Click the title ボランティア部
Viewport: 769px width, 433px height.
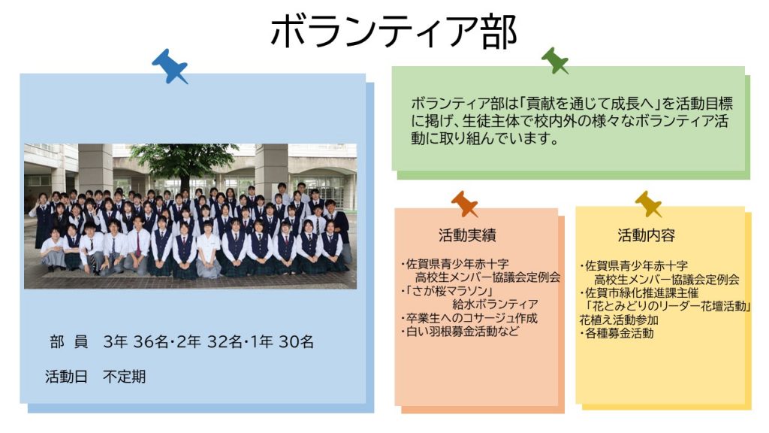[x=394, y=32]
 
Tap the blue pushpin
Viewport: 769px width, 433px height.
[x=169, y=66]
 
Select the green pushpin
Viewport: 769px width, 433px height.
[x=555, y=60]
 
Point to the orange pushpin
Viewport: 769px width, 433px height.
[x=464, y=204]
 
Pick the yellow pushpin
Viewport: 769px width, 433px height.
[x=648, y=204]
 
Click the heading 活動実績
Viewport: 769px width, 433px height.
[x=467, y=235]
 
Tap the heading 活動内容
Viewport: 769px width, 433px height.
[x=646, y=235]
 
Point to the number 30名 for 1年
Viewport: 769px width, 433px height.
[x=296, y=342]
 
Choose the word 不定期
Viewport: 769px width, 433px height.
[x=124, y=377]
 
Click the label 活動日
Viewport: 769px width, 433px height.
[x=66, y=377]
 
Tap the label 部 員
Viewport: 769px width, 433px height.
[x=68, y=342]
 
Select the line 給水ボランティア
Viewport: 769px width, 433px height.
[x=495, y=304]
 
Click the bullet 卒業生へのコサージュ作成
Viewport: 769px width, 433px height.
[x=469, y=318]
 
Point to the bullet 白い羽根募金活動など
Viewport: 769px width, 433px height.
[x=460, y=332]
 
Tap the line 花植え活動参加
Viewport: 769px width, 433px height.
[x=619, y=320]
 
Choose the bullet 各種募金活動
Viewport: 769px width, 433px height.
[x=617, y=333]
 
